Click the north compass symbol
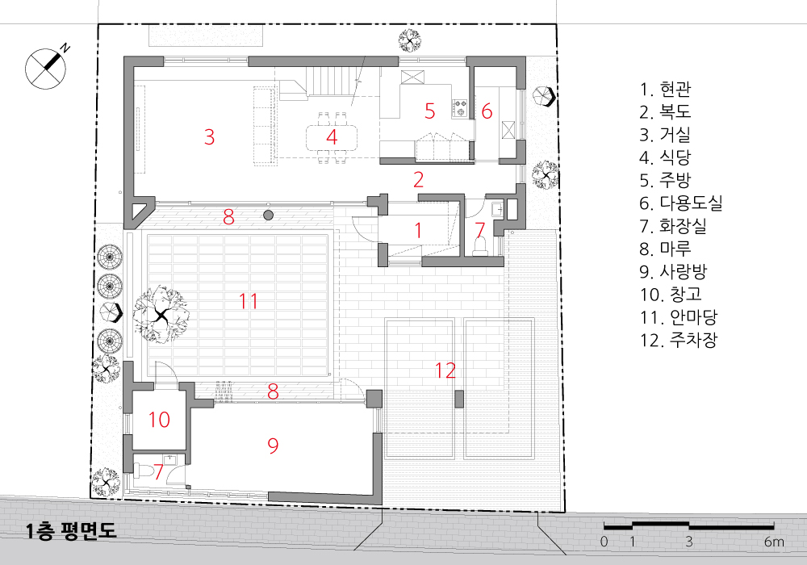point(46,68)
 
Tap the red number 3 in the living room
point(209,137)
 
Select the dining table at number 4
point(332,138)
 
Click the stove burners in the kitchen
point(460,107)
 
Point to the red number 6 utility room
point(487,111)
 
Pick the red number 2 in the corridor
point(418,179)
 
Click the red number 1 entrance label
point(418,231)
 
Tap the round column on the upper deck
point(268,215)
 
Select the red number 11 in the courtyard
point(249,301)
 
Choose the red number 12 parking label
point(445,370)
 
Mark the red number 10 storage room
point(160,420)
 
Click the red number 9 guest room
point(273,445)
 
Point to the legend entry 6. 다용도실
point(681,203)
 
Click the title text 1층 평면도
point(71,531)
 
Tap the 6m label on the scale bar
point(774,542)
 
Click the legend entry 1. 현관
point(665,90)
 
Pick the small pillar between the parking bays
point(460,400)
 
